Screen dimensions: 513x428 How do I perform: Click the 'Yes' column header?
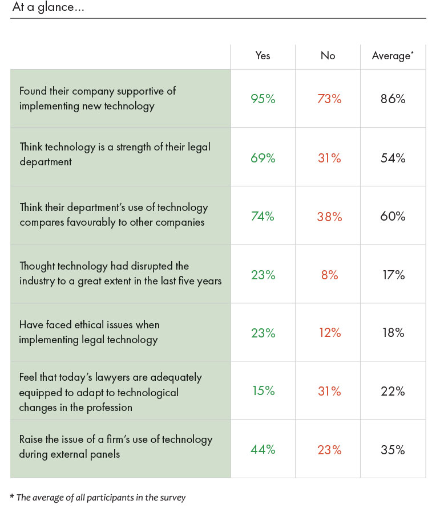pos(263,56)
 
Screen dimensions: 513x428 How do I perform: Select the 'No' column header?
pos(328,56)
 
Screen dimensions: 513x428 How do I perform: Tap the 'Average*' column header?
pos(391,56)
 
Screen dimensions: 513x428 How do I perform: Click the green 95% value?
pos(263,99)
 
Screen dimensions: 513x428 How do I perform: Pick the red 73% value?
pos(329,99)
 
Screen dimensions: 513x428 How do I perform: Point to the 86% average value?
pos(393,99)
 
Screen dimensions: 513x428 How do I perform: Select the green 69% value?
pos(263,158)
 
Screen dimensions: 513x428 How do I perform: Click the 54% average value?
pos(393,158)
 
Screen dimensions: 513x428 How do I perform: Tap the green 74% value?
pos(263,217)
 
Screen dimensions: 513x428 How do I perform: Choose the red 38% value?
pos(329,217)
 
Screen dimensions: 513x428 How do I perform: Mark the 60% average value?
pos(393,217)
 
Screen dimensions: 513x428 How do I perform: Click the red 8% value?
pos(329,275)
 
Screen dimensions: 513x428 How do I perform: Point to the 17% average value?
pos(393,275)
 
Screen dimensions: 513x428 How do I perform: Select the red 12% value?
pos(329,333)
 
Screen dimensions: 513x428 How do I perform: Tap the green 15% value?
pos(263,391)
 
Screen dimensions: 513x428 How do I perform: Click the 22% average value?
pos(393,391)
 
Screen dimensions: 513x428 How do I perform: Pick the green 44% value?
pos(263,450)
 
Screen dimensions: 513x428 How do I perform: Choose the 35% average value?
pos(393,450)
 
